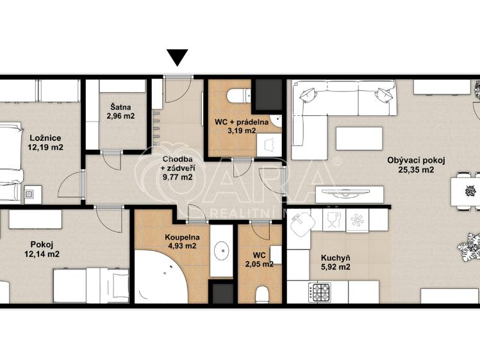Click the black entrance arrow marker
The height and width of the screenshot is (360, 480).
pyautogui.click(x=178, y=58)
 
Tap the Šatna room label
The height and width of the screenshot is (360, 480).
pyautogui.click(x=120, y=108)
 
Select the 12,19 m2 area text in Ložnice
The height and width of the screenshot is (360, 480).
pyautogui.click(x=46, y=147)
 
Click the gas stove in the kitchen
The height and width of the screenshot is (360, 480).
pyautogui.click(x=319, y=293)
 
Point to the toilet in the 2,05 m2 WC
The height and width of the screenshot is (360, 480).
pyautogui.click(x=262, y=295)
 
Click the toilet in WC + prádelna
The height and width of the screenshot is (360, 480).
pyautogui.click(x=239, y=95)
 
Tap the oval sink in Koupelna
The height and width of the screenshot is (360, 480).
pyautogui.click(x=222, y=251)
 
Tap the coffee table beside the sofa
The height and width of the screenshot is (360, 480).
pyautogui.click(x=360, y=138)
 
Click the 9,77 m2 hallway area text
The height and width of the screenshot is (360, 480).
pyautogui.click(x=178, y=177)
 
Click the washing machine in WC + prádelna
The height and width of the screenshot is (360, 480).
pyautogui.click(x=269, y=145)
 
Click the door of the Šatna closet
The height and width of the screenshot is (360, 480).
pyautogui.click(x=112, y=160)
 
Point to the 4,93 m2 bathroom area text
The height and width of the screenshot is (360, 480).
pyautogui.click(x=182, y=245)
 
